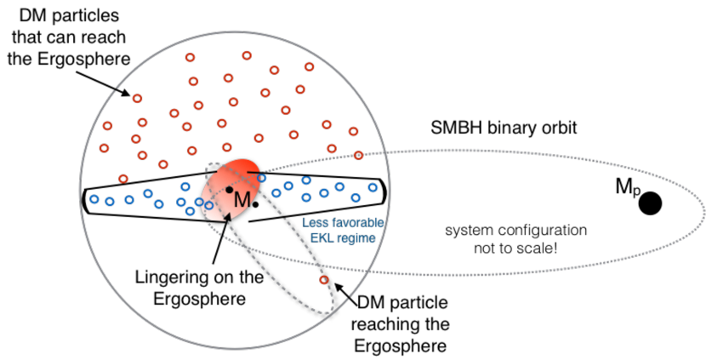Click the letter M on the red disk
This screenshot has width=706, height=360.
242,199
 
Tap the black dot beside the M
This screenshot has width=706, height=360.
230,189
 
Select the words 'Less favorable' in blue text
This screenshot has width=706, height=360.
344,223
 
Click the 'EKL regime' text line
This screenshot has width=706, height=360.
343,238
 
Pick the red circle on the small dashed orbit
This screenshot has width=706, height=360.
323,279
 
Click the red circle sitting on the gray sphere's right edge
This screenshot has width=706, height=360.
358,155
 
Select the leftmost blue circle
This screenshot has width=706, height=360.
94,199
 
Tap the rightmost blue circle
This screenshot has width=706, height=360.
373,187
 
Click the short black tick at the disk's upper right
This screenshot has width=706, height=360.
253,173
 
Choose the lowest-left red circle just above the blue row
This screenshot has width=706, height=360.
123,179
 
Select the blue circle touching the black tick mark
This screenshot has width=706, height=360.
262,178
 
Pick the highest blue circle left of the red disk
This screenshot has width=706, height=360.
185,186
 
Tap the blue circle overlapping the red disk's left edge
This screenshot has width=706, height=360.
209,205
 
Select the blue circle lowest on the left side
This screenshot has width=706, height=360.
190,210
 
